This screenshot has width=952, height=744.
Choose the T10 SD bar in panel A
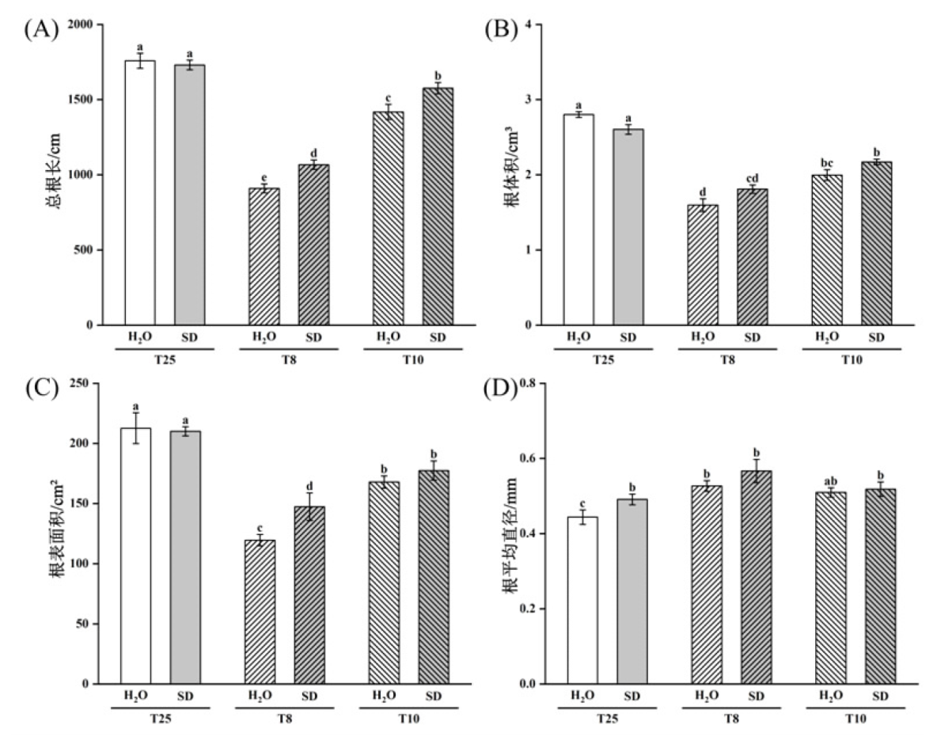[438, 206]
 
